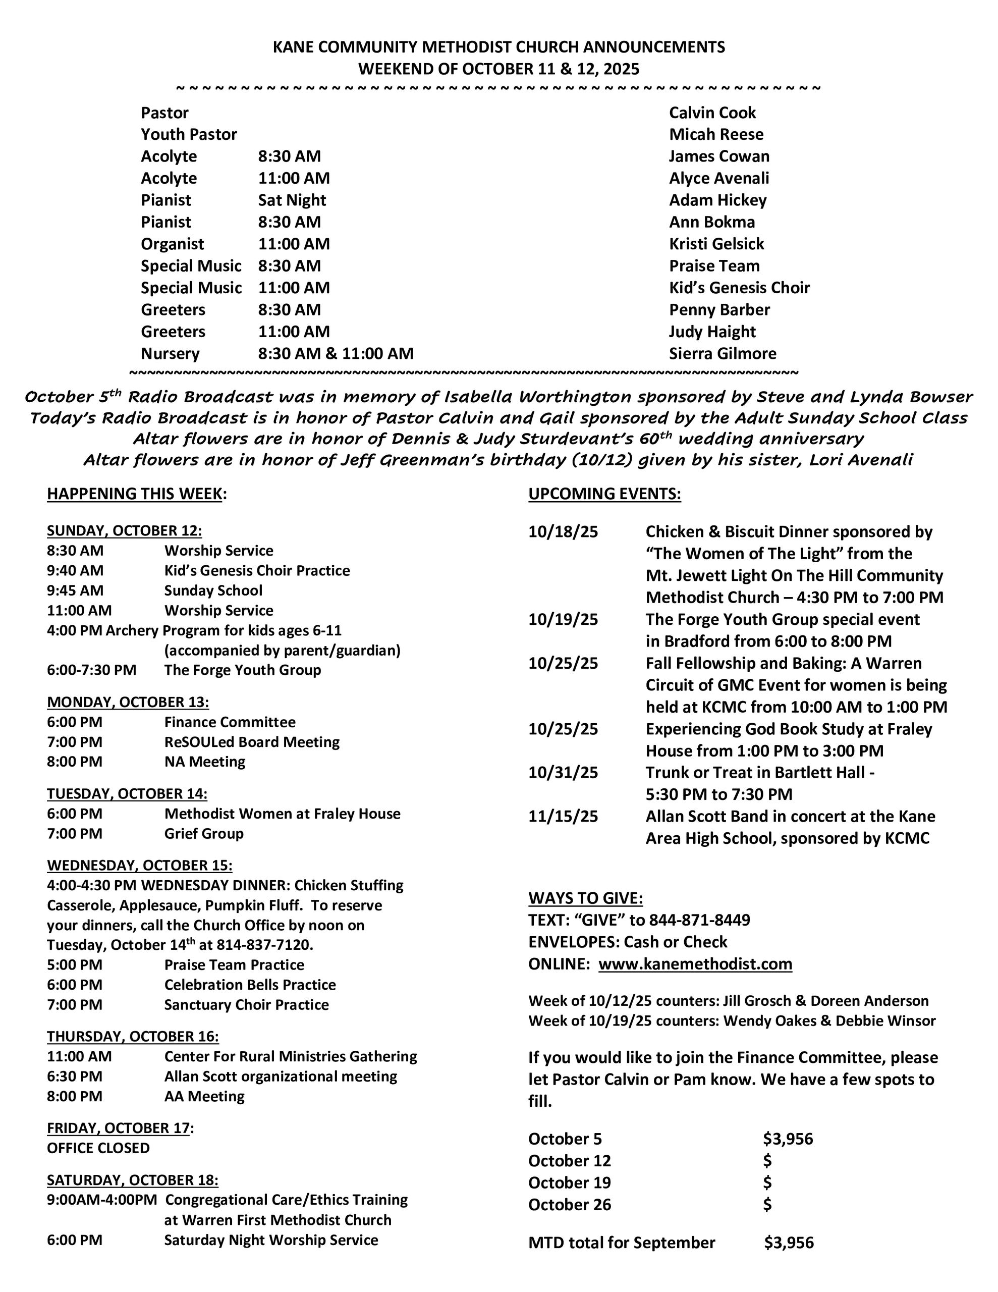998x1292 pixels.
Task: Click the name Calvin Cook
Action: pos(712,113)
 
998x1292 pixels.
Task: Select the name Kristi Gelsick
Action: pos(716,244)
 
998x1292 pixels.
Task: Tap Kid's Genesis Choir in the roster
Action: pos(739,288)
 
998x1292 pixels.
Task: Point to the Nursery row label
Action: pos(170,353)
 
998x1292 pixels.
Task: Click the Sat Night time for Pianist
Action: pos(292,200)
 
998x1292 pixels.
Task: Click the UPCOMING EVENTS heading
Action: pos(604,494)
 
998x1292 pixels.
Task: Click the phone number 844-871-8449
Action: pos(699,920)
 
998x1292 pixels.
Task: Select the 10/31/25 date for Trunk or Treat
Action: pos(563,772)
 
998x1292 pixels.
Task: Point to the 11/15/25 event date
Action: pos(563,817)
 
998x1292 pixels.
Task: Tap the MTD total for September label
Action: pos(621,1243)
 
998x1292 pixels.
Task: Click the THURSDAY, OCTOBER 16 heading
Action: pos(133,1037)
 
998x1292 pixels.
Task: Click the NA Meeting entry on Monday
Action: pos(204,762)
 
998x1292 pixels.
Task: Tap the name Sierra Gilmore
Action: pos(723,353)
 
